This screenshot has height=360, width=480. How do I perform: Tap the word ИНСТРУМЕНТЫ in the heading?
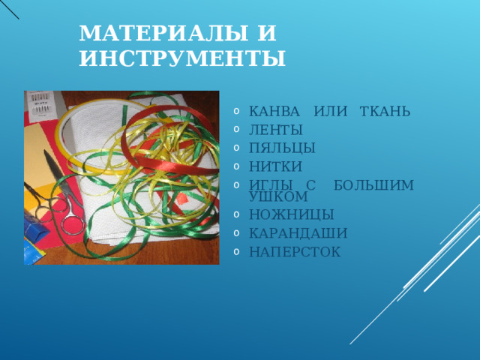[181, 57]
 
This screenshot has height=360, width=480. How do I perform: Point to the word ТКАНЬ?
[385, 112]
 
